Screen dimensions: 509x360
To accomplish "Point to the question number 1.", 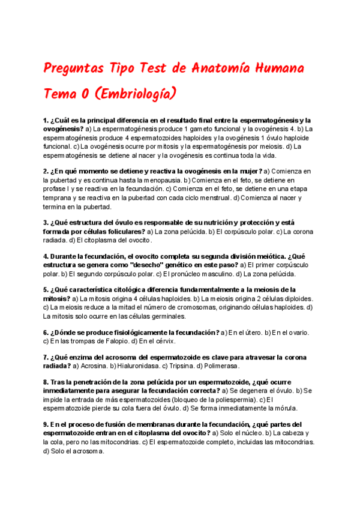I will pos(46,121).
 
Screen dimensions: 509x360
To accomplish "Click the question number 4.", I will pos(46,256).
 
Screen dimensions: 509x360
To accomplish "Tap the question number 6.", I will pos(46,332).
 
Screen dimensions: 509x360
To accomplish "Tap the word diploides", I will pos(296,298).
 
